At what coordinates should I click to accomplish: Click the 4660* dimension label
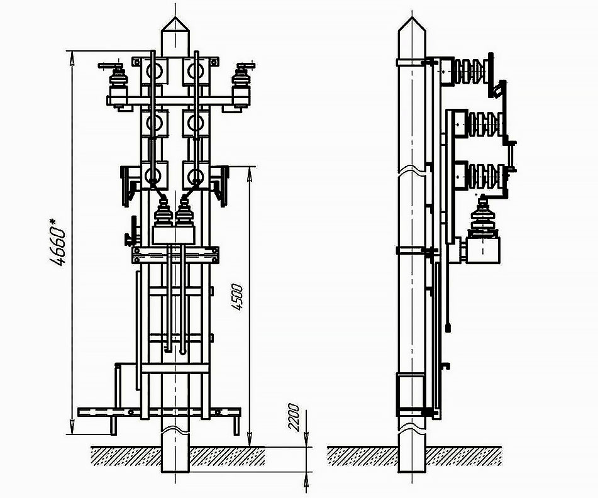tap(58, 241)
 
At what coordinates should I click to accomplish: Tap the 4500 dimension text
tap(238, 297)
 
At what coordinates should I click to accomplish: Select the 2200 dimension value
tap(294, 417)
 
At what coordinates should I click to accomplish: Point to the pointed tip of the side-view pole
tap(411, 17)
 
